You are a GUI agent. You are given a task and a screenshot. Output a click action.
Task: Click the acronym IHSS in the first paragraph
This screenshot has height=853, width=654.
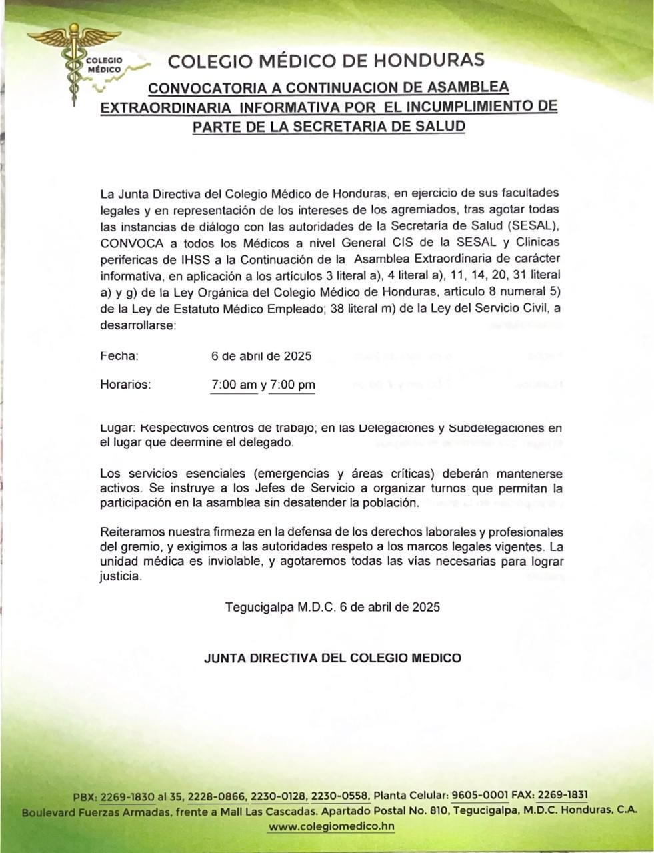(x=173, y=259)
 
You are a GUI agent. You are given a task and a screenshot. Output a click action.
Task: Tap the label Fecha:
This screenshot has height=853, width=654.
(x=119, y=356)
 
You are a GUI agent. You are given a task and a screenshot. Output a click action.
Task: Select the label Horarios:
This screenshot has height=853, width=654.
(x=125, y=385)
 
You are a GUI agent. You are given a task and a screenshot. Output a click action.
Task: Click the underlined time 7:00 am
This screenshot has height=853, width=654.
(x=233, y=385)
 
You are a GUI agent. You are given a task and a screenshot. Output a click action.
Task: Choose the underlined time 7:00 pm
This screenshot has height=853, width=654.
(x=292, y=385)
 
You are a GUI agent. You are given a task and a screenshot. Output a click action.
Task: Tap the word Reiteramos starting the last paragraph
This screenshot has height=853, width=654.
(x=133, y=532)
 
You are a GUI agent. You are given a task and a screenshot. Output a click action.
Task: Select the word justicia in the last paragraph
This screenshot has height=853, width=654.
(x=121, y=577)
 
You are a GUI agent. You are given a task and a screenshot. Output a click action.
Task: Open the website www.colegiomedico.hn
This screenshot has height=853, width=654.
(x=331, y=826)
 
